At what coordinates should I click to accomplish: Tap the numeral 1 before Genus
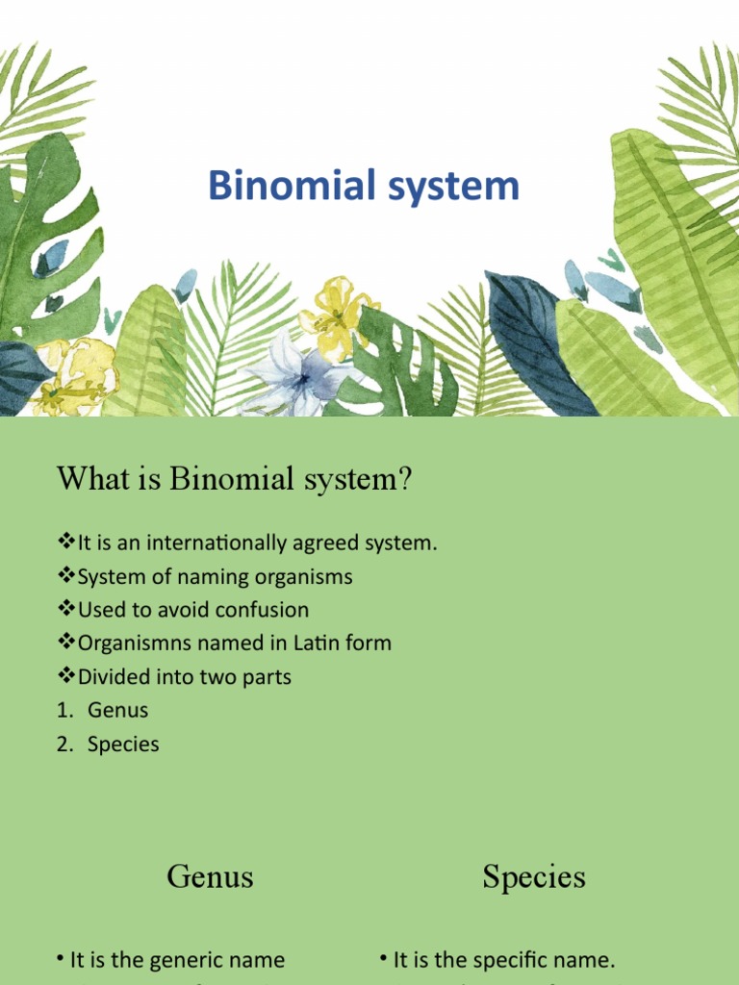[62, 711]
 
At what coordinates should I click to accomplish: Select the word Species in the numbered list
[123, 745]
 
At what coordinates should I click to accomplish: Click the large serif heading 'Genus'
[210, 876]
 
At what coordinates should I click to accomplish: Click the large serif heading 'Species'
[534, 876]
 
